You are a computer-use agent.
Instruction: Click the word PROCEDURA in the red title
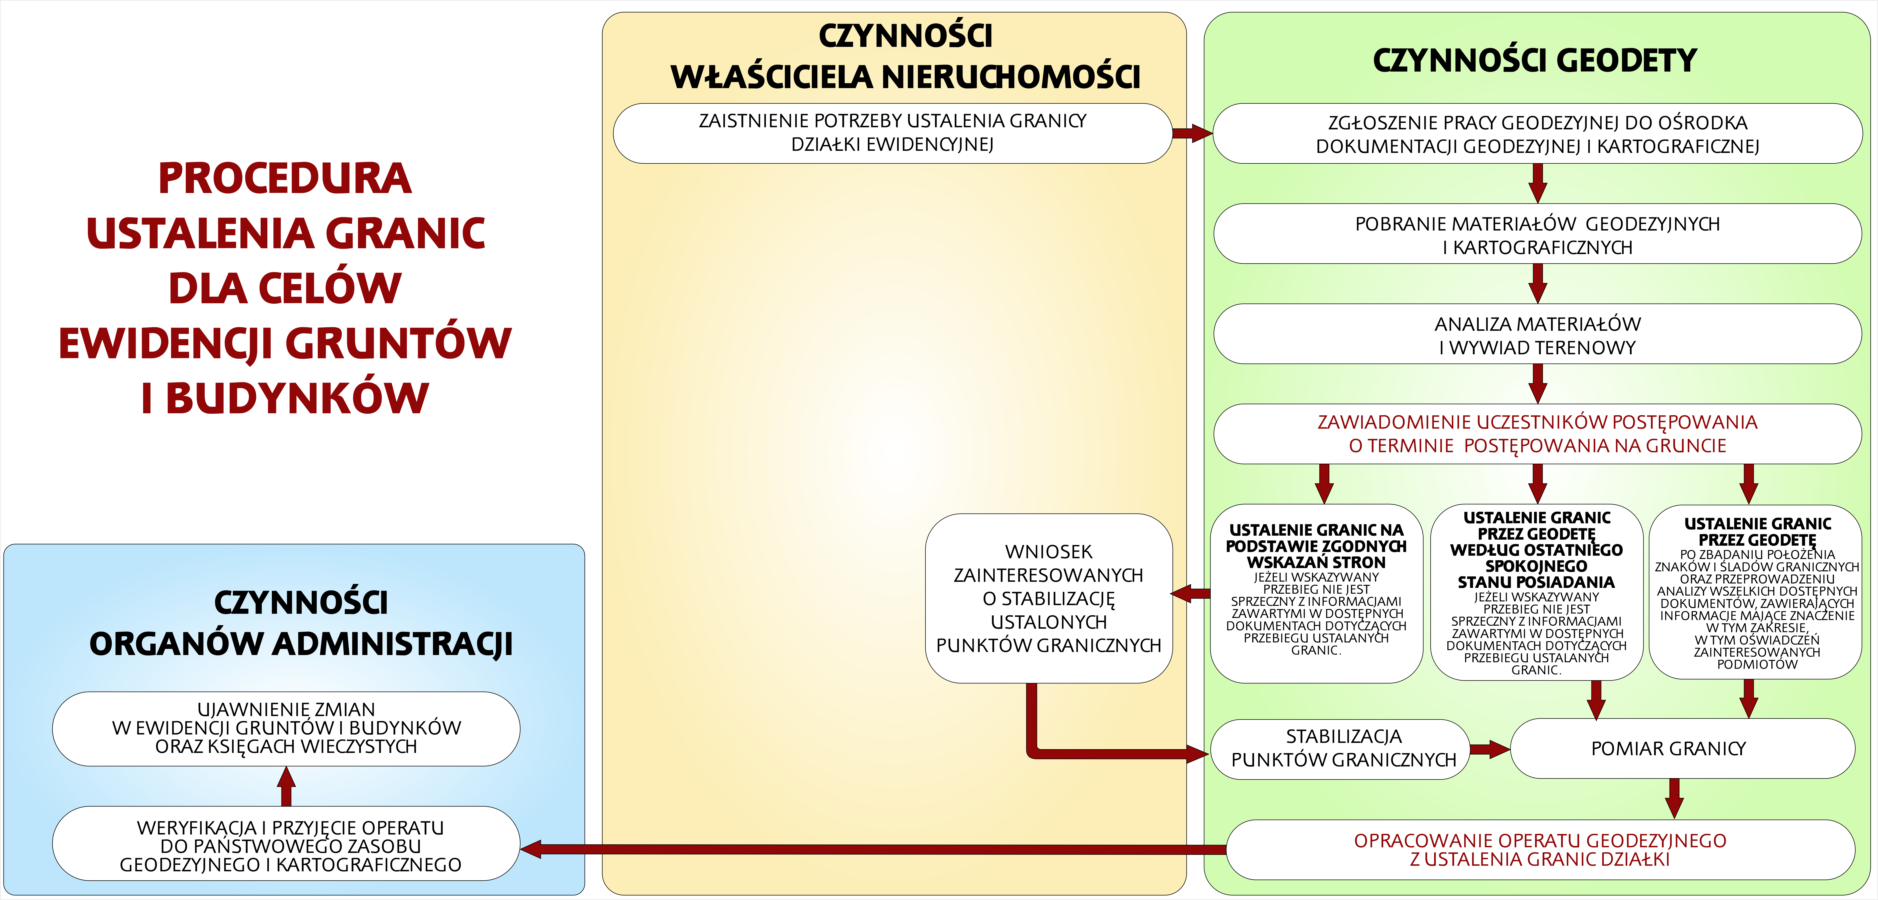[284, 179]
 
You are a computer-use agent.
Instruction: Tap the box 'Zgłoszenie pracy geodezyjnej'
[1537, 134]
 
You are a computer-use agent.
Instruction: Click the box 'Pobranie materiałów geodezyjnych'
[1537, 235]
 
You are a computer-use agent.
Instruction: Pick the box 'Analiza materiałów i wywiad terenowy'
[1537, 335]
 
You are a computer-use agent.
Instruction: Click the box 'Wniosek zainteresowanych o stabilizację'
[1048, 598]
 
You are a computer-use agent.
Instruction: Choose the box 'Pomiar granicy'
[1668, 748]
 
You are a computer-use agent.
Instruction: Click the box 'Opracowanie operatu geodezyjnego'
[1540, 850]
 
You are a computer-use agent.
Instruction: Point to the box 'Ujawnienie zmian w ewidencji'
[286, 728]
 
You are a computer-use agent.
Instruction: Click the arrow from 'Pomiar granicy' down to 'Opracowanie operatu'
[1675, 798]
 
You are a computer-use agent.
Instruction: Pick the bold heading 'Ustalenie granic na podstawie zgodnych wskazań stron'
[1316, 546]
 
